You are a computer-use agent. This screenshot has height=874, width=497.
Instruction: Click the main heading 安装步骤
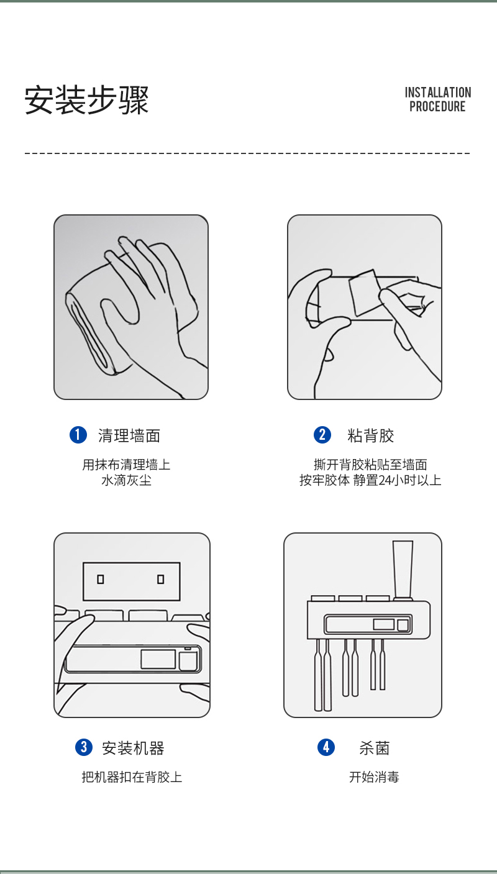click(86, 100)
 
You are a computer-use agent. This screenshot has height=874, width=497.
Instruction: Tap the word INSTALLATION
click(438, 93)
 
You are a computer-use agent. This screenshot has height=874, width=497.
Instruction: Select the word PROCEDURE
click(437, 106)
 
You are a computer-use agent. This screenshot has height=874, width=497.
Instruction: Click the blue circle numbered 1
click(78, 435)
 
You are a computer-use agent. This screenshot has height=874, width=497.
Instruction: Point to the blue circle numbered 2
click(322, 435)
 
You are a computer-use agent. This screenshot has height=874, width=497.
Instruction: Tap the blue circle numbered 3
click(83, 747)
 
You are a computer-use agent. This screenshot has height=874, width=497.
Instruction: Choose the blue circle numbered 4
click(326, 747)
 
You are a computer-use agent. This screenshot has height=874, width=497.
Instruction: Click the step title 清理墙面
click(129, 435)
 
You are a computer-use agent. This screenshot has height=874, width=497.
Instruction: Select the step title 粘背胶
click(371, 435)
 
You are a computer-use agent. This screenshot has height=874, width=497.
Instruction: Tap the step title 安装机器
click(133, 748)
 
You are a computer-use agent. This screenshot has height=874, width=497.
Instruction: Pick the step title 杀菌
click(375, 748)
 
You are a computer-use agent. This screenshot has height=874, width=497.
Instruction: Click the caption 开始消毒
click(374, 777)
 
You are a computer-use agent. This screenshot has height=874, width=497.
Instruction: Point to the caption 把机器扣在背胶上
click(132, 777)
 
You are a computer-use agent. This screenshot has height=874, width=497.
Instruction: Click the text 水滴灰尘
click(126, 480)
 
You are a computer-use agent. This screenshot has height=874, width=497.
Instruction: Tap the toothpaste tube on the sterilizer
click(403, 570)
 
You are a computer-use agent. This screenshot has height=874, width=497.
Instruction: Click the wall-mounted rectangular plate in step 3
click(132, 581)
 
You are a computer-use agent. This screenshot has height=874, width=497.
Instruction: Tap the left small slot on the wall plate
click(101, 580)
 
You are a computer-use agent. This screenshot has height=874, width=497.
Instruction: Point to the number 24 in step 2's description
click(385, 480)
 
